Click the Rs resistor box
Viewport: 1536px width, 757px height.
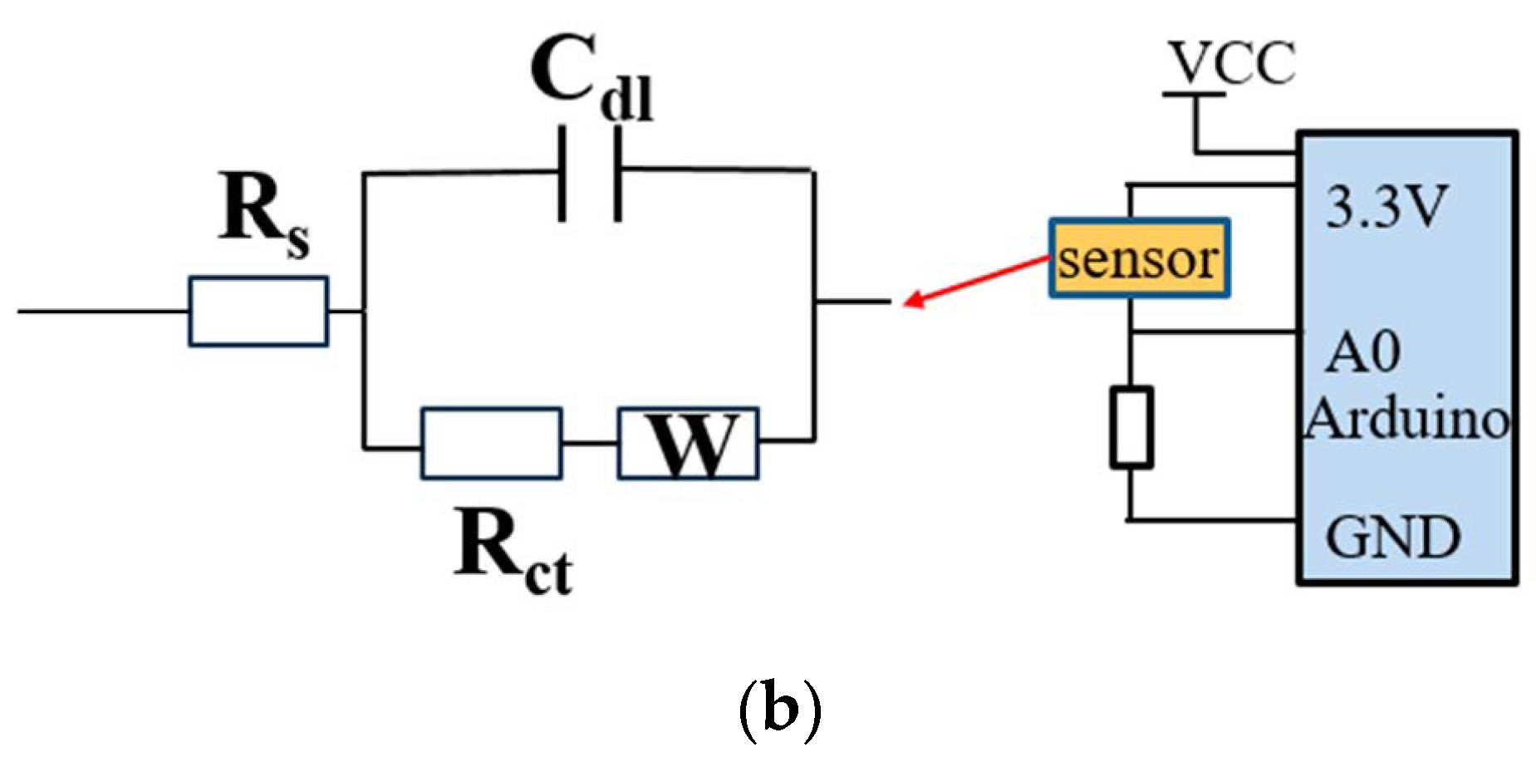point(258,312)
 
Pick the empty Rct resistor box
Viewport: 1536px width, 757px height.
point(491,443)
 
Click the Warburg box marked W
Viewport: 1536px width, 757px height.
point(688,443)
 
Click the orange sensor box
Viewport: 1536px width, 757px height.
point(1138,258)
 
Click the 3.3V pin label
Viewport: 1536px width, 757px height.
point(1386,207)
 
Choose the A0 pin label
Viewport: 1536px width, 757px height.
point(1362,353)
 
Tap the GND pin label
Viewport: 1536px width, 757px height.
point(1392,537)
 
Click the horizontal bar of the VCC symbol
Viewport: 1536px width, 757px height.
point(1194,95)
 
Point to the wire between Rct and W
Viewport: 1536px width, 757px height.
point(589,444)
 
